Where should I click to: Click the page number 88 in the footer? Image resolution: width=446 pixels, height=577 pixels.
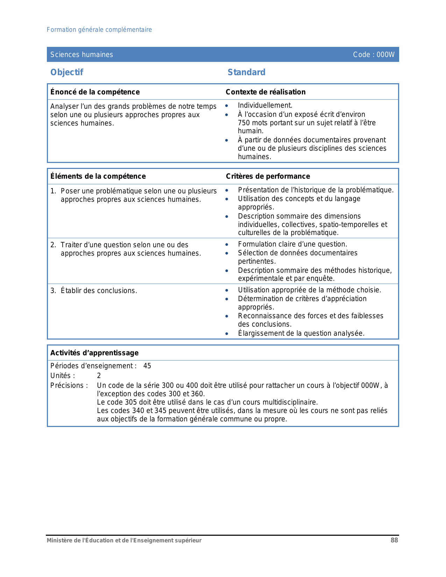pos(394,540)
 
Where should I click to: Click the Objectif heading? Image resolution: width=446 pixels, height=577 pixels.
pos(67,72)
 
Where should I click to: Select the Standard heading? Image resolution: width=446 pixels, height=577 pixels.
pos(246,72)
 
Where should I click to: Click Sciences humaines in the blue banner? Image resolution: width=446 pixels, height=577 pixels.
pos(82,55)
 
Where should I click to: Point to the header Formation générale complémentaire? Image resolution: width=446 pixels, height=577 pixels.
pos(99,30)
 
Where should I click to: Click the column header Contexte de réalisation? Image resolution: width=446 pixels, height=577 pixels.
pos(266,92)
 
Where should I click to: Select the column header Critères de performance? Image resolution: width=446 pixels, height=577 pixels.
pos(268,176)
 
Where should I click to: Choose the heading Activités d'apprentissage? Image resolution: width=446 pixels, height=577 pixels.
pos(94,353)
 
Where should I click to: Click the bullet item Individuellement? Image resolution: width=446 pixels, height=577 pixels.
pos(265,105)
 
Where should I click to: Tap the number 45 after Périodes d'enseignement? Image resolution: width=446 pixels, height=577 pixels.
pos(147,366)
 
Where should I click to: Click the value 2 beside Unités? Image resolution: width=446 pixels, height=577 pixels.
pos(99,376)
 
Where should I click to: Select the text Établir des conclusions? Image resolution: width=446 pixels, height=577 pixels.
pos(99,291)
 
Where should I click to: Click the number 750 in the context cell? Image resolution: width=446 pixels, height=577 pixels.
pos(244,123)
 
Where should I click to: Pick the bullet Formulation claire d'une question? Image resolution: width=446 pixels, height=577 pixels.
pos(292,244)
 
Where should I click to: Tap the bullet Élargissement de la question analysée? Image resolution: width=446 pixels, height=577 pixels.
pos(301,333)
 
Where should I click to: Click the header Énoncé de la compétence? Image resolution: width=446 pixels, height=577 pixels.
pos(95,92)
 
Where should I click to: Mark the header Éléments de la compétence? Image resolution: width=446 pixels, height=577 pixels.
pos(98,176)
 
